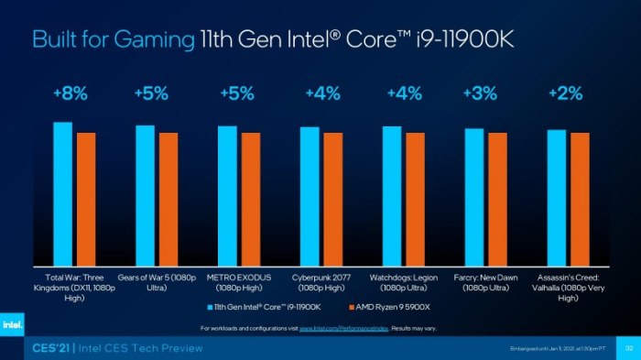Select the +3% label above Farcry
point(480,93)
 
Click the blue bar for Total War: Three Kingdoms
point(62,193)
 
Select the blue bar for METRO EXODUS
point(227,196)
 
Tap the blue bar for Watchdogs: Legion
point(392,196)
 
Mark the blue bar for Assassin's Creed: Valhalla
point(557,197)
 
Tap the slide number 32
point(629,349)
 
